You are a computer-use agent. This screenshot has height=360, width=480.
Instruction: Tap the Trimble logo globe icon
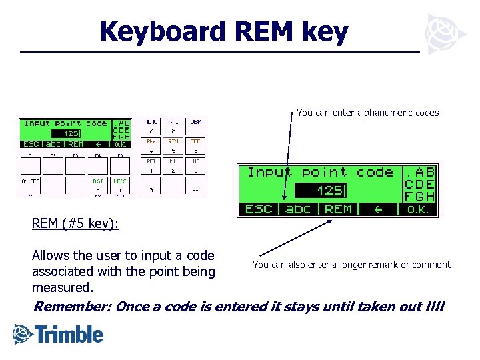[23, 333]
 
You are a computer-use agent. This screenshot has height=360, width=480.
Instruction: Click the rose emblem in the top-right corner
[441, 33]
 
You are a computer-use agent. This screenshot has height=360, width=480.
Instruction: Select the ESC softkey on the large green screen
[259, 209]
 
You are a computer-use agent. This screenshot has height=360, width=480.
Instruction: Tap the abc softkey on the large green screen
[298, 209]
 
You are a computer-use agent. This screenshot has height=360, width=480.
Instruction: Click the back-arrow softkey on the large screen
[378, 209]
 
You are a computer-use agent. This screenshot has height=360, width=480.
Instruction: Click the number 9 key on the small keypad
[195, 127]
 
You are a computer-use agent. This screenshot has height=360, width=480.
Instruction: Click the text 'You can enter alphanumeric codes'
[367, 113]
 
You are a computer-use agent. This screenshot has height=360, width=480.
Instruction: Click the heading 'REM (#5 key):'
[75, 223]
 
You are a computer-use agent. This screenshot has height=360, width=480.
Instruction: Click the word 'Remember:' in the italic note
[72, 307]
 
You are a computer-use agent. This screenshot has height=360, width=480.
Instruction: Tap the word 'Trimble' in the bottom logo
[70, 334]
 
